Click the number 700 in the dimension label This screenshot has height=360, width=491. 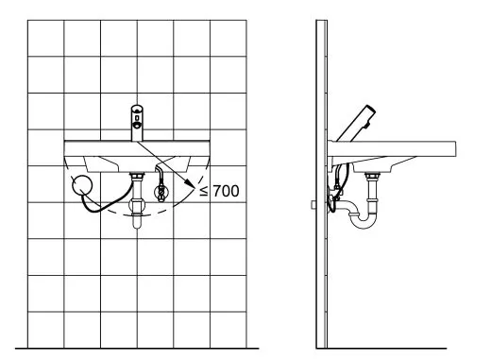click(x=226, y=191)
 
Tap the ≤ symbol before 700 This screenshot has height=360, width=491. click(x=204, y=191)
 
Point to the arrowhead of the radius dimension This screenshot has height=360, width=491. click(x=190, y=184)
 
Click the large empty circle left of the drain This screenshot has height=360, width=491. click(x=82, y=185)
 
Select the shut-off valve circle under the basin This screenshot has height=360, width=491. click(x=161, y=192)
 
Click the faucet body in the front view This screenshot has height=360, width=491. click(x=137, y=123)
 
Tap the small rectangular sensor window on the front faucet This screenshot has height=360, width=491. click(x=137, y=118)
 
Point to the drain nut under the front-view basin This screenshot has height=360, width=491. click(x=137, y=175)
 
